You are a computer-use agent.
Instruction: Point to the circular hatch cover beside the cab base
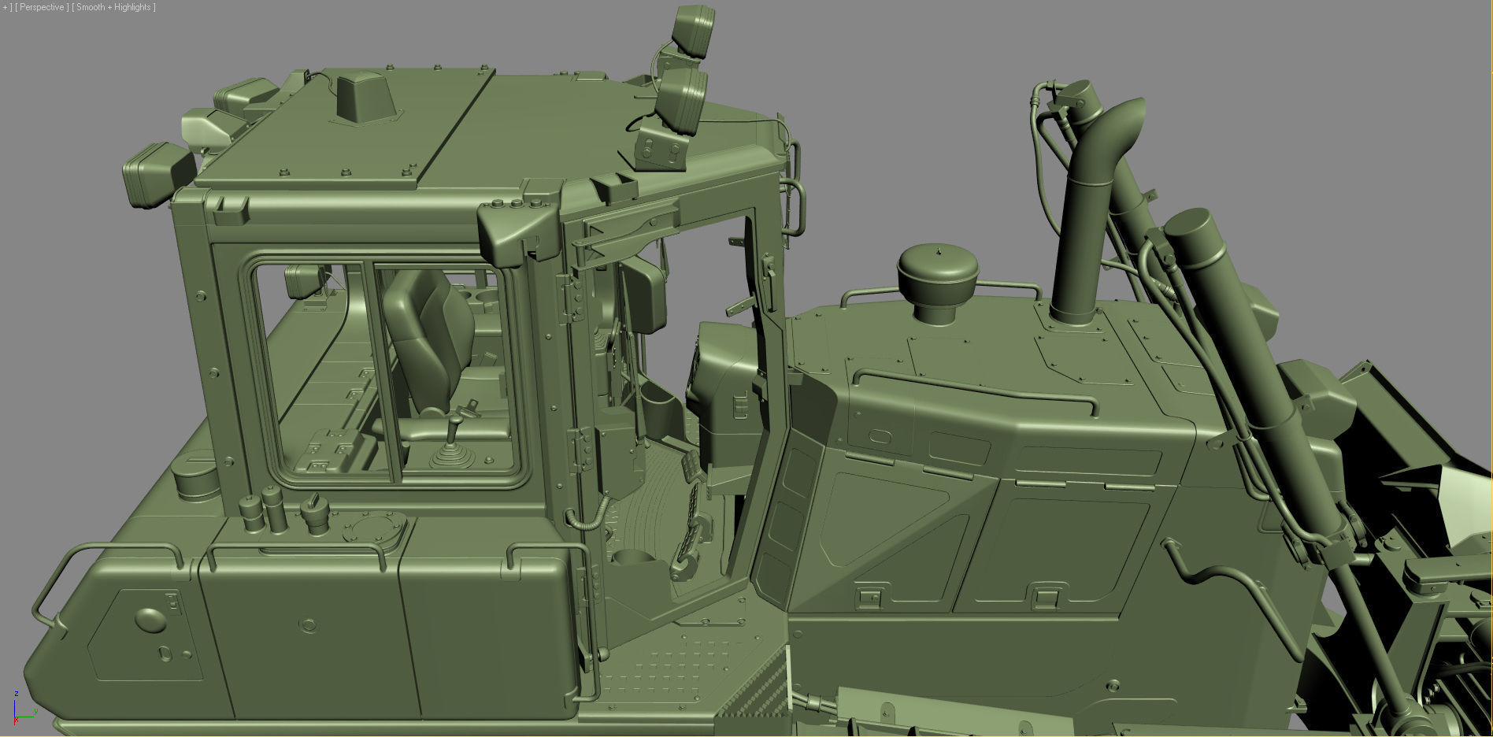coord(375,528)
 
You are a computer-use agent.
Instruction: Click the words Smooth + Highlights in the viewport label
coord(115,7)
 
